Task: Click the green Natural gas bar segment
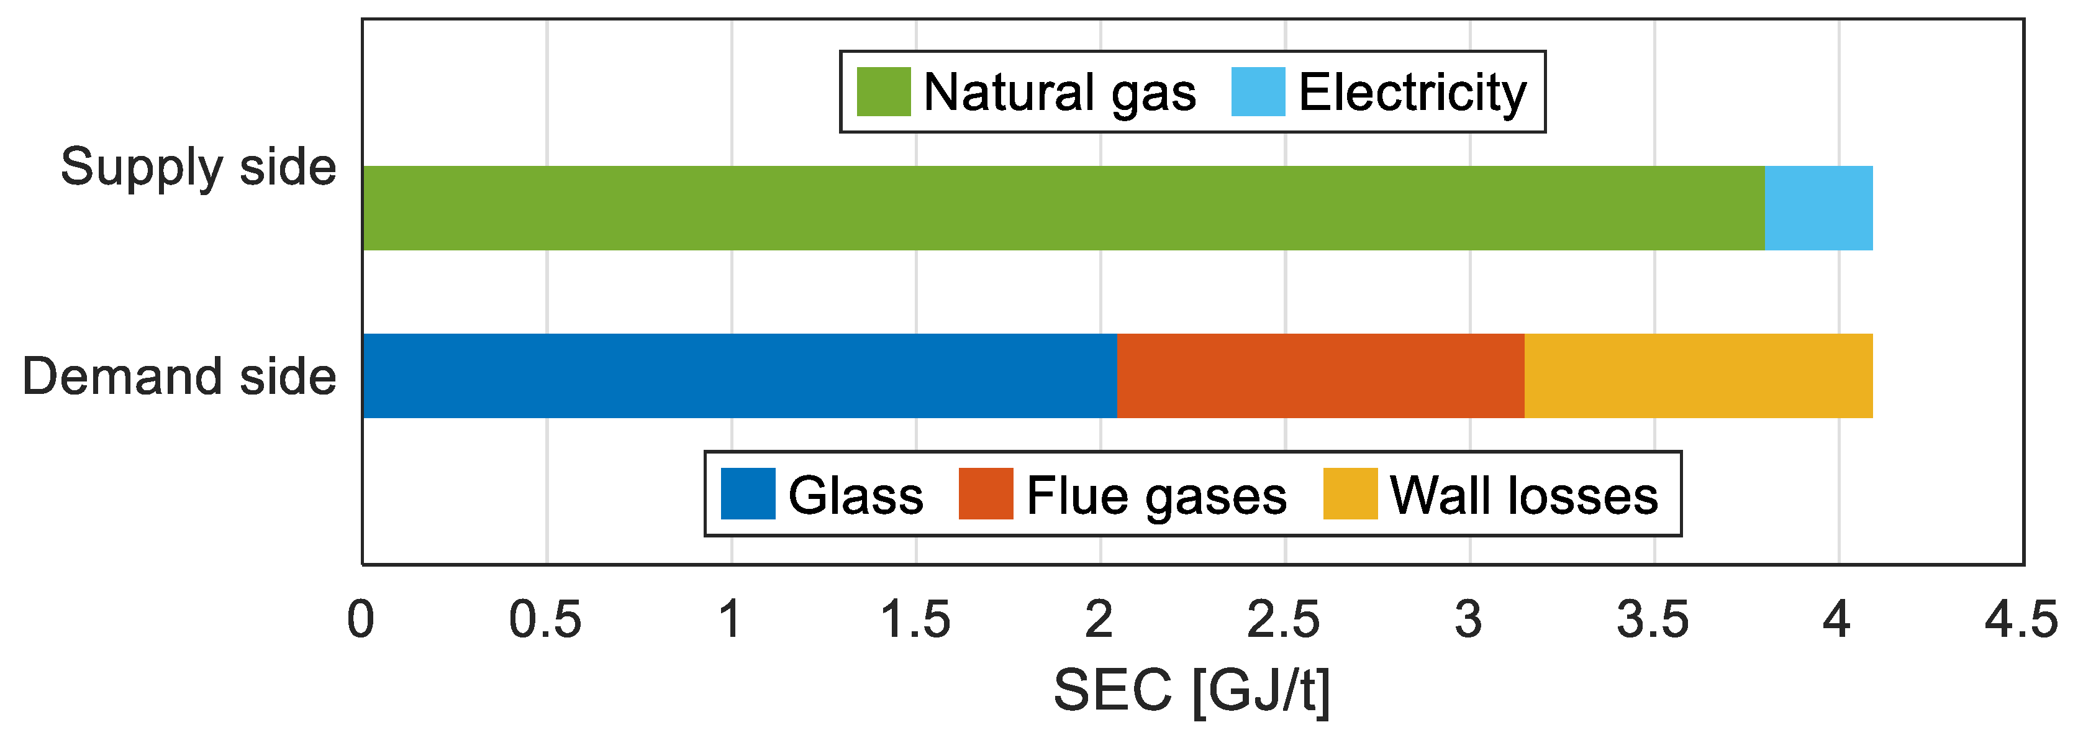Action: pos(1063,208)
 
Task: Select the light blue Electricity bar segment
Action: pos(1818,208)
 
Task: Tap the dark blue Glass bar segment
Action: pos(740,376)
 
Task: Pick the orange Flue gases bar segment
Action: pos(1320,376)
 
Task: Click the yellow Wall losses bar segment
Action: pos(1698,376)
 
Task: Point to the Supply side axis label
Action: pos(199,168)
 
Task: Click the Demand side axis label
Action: pos(179,377)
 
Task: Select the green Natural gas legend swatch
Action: pos(883,92)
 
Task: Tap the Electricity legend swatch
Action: pos(1258,92)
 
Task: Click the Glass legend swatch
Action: pos(748,494)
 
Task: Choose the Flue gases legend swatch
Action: pos(986,494)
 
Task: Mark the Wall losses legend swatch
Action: pos(1350,494)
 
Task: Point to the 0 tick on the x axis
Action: pos(361,619)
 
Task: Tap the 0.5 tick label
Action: pos(545,619)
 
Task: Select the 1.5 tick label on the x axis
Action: pos(915,619)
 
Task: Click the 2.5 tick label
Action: pos(1284,619)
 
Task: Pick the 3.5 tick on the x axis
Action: pos(1653,619)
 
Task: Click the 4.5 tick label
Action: pos(2021,619)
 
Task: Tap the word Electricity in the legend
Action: pos(1412,93)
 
